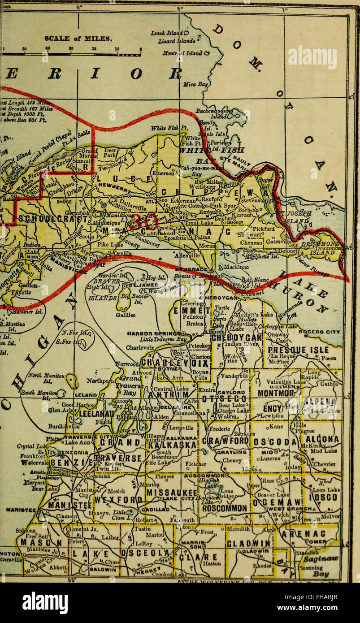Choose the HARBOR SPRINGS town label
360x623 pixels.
[x=154, y=333]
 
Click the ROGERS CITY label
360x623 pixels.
[x=325, y=332]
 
